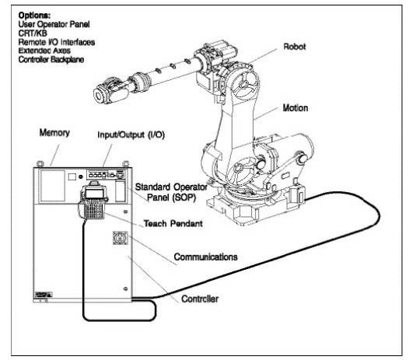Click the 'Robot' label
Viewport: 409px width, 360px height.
pyautogui.click(x=295, y=47)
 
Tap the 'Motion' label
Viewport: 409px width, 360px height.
pyautogui.click(x=295, y=108)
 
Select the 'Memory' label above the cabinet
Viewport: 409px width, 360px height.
pyautogui.click(x=54, y=132)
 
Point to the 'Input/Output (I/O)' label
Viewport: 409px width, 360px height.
pyautogui.click(x=131, y=135)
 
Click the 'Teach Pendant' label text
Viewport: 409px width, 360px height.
pyautogui.click(x=173, y=224)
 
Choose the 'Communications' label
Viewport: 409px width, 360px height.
pyautogui.click(x=206, y=257)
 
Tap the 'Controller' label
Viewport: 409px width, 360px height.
pyautogui.click(x=200, y=299)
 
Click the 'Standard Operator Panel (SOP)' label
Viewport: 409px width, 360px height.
pyautogui.click(x=171, y=192)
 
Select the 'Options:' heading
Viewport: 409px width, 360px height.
pyautogui.click(x=34, y=15)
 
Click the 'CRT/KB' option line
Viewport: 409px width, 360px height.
pyautogui.click(x=33, y=33)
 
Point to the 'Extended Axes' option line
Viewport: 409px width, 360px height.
pyautogui.click(x=44, y=51)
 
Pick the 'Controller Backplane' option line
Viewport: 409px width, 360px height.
pyautogui.click(x=51, y=59)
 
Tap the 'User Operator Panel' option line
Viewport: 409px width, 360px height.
pyautogui.click(x=54, y=24)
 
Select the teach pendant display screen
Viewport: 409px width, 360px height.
pyautogui.click(x=94, y=194)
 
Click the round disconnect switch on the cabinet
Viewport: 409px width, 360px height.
pyautogui.click(x=121, y=238)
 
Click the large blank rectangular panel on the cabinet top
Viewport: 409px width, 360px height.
pyautogui.click(x=53, y=186)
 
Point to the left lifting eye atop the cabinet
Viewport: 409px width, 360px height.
pyautogui.click(x=40, y=164)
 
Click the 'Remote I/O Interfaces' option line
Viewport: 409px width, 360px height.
pyautogui.click(x=57, y=42)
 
